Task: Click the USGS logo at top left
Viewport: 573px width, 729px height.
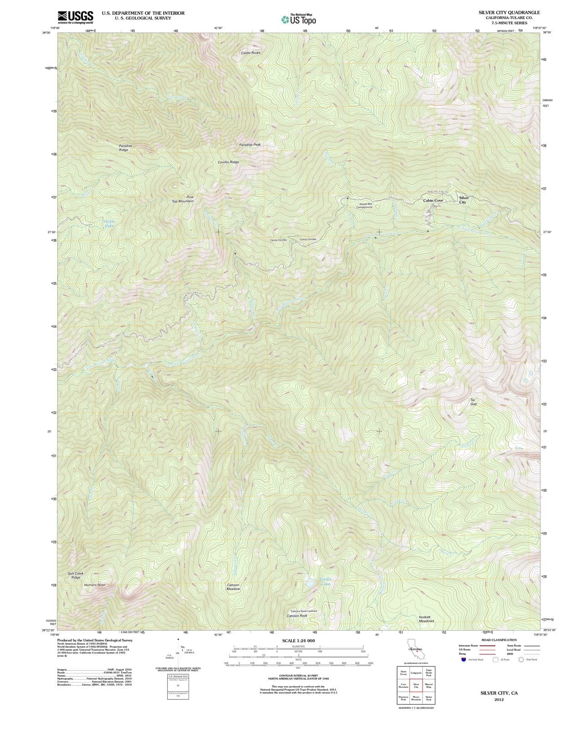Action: pyautogui.click(x=75, y=17)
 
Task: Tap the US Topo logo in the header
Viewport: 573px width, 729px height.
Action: pyautogui.click(x=298, y=19)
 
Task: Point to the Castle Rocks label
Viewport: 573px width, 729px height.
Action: pyautogui.click(x=251, y=53)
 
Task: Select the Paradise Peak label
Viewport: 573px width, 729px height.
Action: pyautogui.click(x=250, y=144)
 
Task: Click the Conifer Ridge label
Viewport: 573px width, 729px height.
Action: pyautogui.click(x=228, y=162)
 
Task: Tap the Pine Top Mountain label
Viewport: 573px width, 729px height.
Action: pyautogui.click(x=183, y=199)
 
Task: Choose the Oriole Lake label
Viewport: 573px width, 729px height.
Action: pyautogui.click(x=109, y=223)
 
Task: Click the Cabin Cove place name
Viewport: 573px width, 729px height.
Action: pyautogui.click(x=433, y=200)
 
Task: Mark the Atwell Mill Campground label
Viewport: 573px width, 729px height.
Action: pyautogui.click(x=364, y=205)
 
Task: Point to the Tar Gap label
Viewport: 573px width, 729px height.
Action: pyautogui.click(x=473, y=402)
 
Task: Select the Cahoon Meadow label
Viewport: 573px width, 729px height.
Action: pyautogui.click(x=233, y=587)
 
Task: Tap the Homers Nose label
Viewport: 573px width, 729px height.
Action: pyautogui.click(x=95, y=585)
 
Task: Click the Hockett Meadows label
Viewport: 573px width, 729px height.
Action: pyautogui.click(x=426, y=619)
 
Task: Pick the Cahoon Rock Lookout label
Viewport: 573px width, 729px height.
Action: pyautogui.click(x=304, y=611)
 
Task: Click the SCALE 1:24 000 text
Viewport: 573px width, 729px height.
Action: pyautogui.click(x=298, y=641)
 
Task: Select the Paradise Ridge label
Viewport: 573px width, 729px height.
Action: pyautogui.click(x=123, y=148)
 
